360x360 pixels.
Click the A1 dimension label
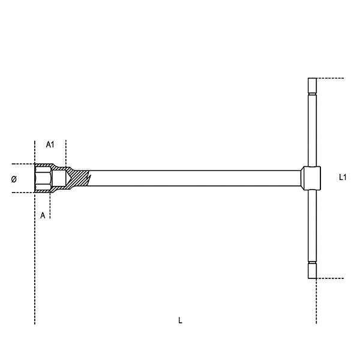click(50, 145)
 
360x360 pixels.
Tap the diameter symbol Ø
click(14, 179)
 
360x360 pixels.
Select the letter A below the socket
click(43, 215)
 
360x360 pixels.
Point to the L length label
click(180, 321)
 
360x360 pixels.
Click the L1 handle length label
click(343, 177)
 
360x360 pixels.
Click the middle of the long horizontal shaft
click(192, 178)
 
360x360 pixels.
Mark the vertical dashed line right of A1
click(66, 153)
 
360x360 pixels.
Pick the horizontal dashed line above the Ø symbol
click(21, 164)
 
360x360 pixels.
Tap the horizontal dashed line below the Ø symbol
click(21, 193)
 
